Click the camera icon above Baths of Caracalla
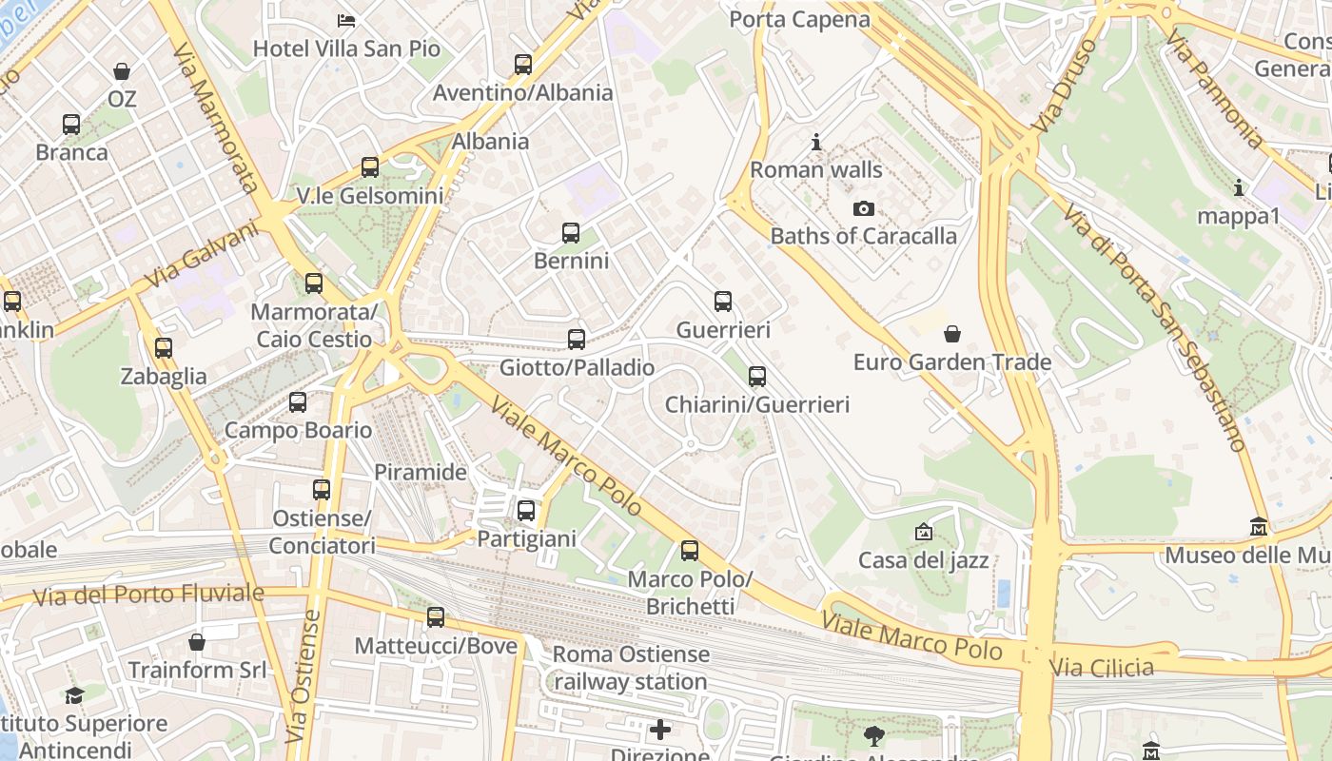click(863, 208)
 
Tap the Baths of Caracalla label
click(863, 236)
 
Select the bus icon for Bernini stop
click(571, 233)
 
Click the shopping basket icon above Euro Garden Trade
click(951, 334)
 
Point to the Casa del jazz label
click(923, 560)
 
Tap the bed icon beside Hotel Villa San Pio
click(346, 20)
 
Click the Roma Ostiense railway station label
click(631, 668)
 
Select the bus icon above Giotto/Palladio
click(577, 340)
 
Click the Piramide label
click(421, 472)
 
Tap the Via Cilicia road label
click(1102, 668)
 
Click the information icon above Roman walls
click(815, 143)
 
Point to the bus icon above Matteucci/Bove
click(436, 617)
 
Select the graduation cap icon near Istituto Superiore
click(74, 695)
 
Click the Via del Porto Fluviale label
click(148, 595)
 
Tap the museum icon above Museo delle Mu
click(1259, 527)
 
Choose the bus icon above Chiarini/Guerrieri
click(757, 377)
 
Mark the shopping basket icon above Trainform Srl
click(197, 642)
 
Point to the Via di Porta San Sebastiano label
click(1155, 328)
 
